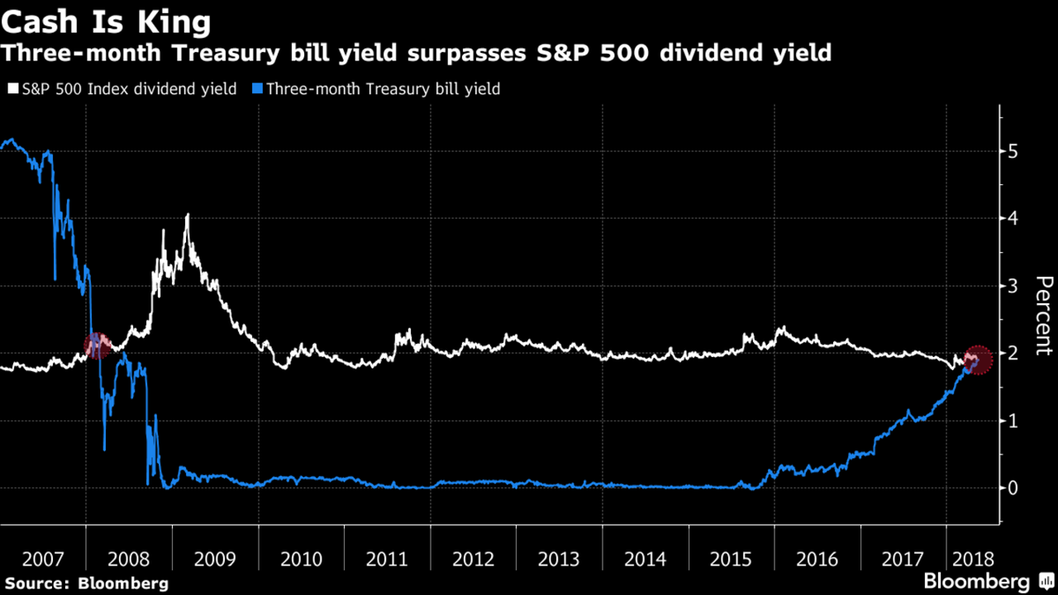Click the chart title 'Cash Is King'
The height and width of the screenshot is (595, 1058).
[106, 21]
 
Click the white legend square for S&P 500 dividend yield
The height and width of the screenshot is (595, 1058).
[12, 88]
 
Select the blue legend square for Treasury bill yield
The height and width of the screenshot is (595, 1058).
[257, 88]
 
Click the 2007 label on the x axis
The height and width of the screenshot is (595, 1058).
[43, 559]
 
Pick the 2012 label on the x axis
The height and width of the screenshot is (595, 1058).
[473, 559]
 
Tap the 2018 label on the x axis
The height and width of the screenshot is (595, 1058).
[972, 559]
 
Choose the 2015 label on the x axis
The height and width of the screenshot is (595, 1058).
[732, 559]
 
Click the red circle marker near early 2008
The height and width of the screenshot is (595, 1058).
[97, 345]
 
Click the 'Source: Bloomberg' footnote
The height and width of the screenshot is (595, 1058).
[84, 583]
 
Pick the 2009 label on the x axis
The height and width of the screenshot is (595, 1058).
[215, 559]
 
